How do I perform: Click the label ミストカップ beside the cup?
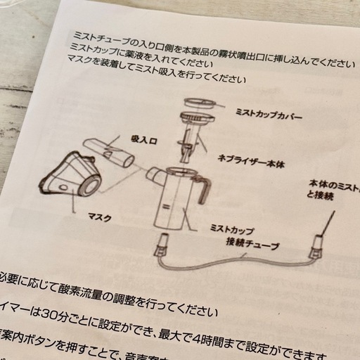pyautogui.click(x=231, y=230)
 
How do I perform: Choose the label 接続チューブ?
pyautogui.click(x=252, y=246)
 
